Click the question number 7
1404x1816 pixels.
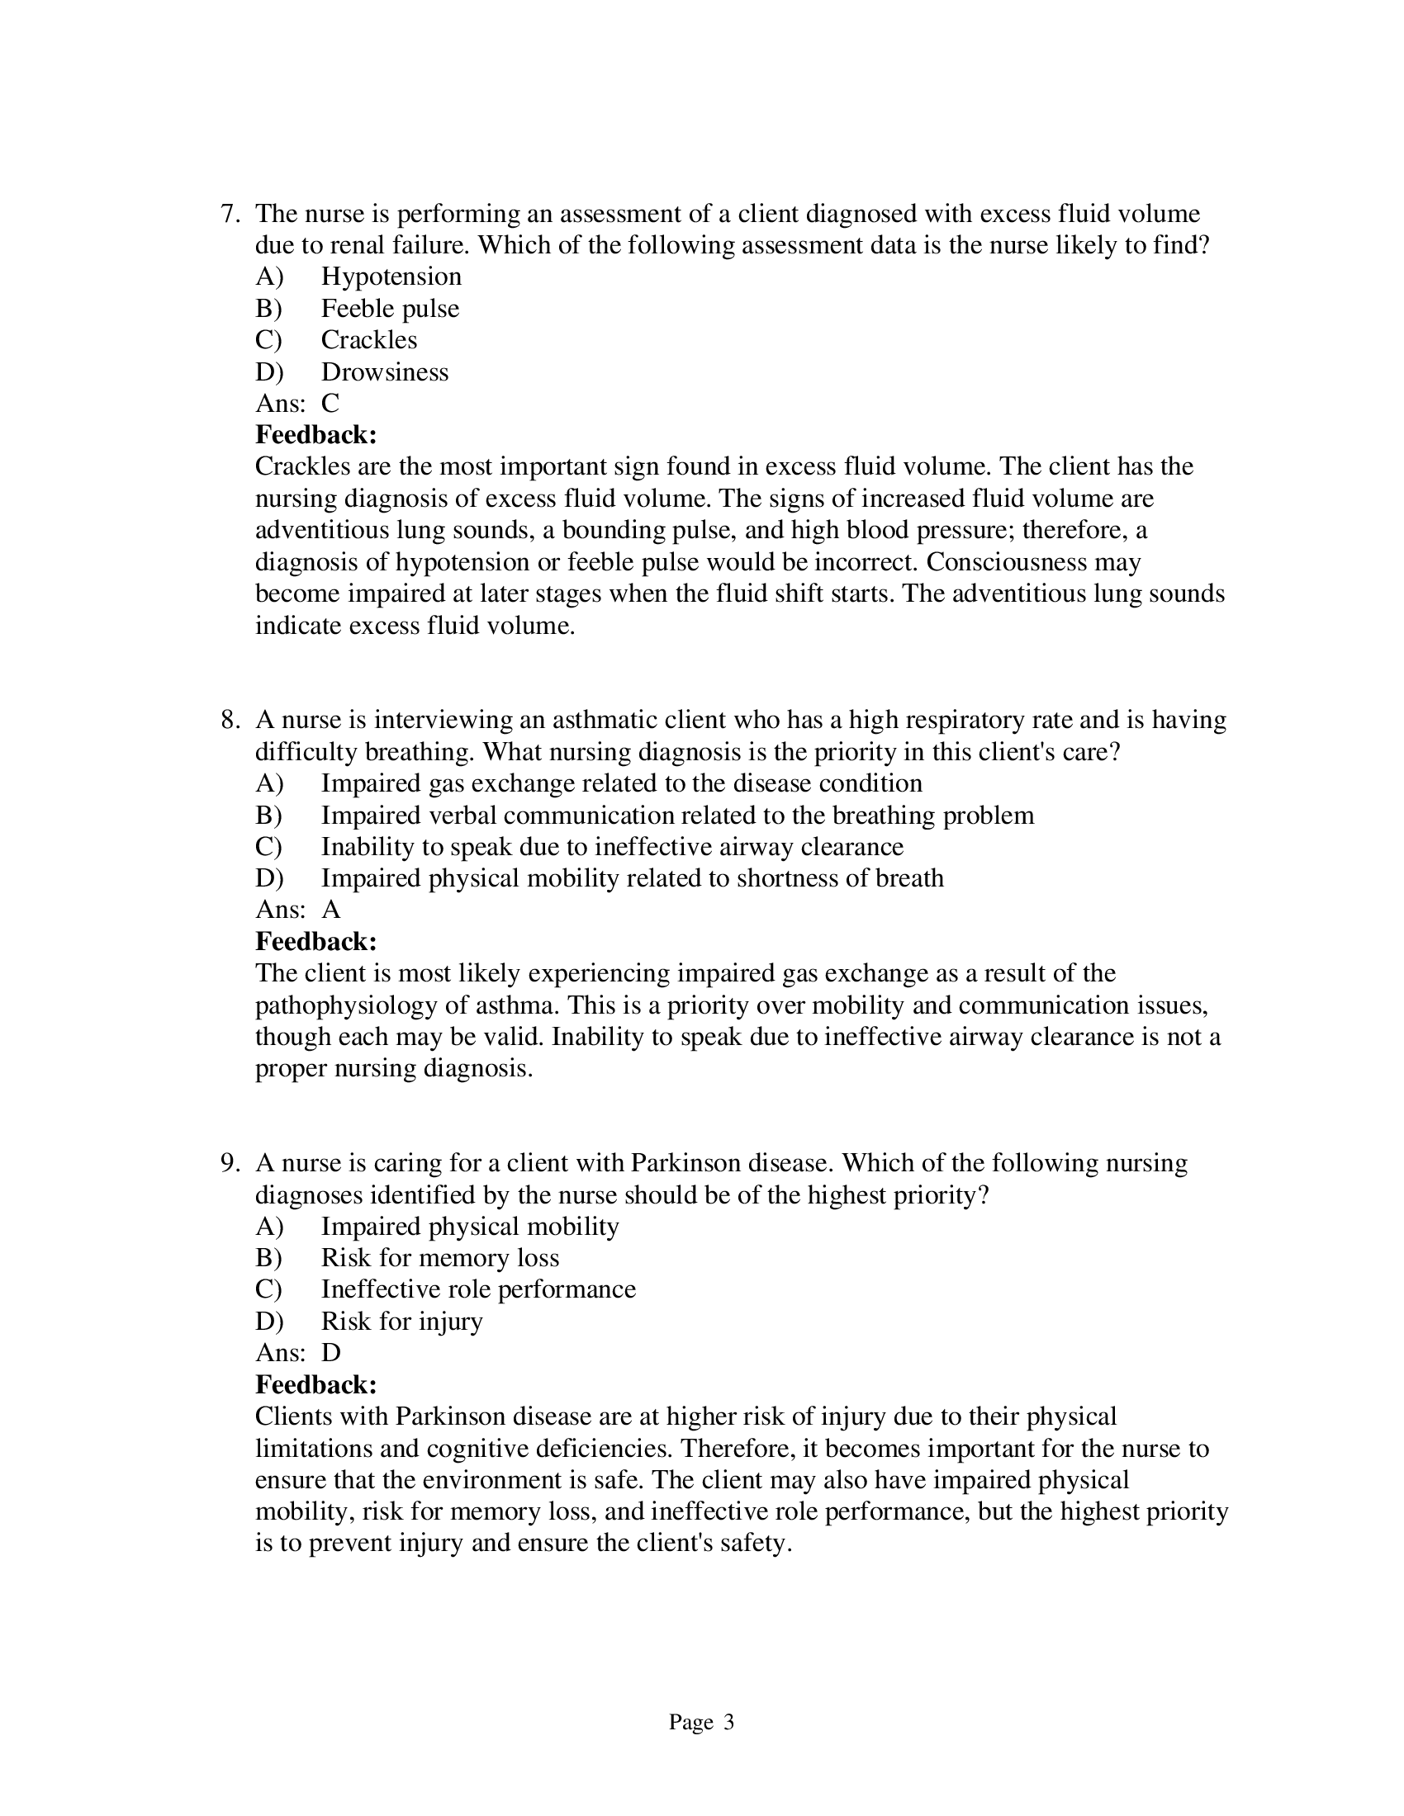click(229, 214)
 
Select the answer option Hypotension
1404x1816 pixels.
click(391, 276)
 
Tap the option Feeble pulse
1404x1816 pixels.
click(389, 309)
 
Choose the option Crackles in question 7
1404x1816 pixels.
click(368, 339)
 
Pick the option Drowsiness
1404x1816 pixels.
click(384, 371)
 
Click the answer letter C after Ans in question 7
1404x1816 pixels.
click(330, 404)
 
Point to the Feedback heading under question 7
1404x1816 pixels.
click(316, 435)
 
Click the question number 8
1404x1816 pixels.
click(229, 720)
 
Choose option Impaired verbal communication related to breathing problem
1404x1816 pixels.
click(677, 815)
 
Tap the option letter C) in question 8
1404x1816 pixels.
click(268, 846)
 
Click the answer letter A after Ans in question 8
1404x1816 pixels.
click(330, 910)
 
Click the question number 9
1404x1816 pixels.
click(229, 1162)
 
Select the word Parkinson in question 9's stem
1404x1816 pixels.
click(686, 1162)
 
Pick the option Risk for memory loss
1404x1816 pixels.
click(440, 1257)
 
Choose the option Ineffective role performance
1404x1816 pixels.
click(478, 1289)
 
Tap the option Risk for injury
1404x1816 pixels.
click(401, 1322)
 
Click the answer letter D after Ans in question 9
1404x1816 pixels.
click(330, 1353)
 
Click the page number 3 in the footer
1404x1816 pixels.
click(728, 1722)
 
